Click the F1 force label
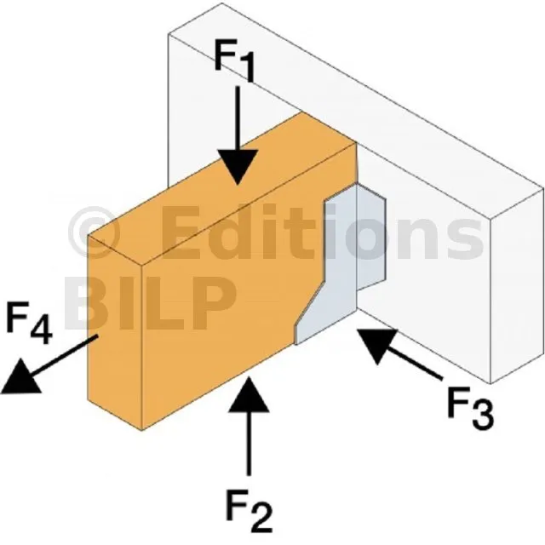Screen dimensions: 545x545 235,60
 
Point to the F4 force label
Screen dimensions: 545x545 29,323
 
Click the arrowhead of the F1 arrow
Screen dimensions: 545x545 238,167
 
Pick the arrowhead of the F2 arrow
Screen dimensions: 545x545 249,394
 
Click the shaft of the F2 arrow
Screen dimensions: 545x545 249,444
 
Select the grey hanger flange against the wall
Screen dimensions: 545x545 371,237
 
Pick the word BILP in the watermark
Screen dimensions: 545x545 150,303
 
